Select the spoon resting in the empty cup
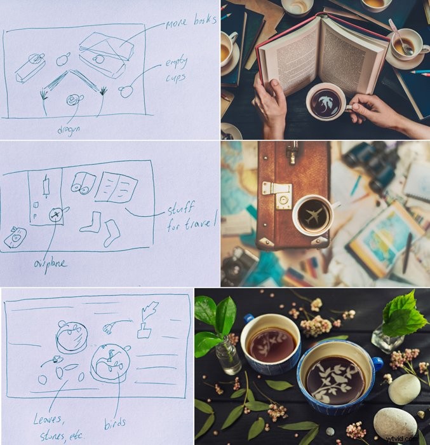[x=399, y=38]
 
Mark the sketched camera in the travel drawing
[x=14, y=236]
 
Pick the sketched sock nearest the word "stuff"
[x=112, y=232]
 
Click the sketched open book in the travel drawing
[x=118, y=188]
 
